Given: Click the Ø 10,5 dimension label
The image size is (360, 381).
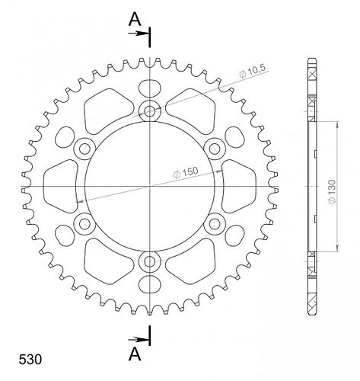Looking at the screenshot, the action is point(252,71).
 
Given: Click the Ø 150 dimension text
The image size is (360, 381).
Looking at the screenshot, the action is point(186,173).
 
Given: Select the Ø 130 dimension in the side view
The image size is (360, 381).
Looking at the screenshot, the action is point(332,191).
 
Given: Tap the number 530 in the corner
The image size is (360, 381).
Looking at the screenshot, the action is point(30,360).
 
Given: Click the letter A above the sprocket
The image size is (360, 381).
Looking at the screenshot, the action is point(135,19).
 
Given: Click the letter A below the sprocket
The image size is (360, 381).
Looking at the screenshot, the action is point(135,354).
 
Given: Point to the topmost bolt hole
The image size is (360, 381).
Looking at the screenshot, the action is point(150,110).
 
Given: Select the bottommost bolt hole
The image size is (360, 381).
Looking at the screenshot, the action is point(150,261).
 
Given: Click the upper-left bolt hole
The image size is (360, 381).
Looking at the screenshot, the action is point(84,149).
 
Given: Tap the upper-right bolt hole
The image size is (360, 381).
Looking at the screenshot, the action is point(215,149).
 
